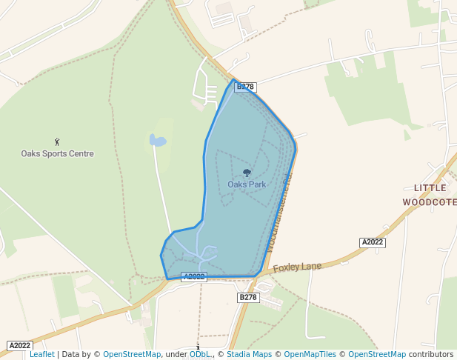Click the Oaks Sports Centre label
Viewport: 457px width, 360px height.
click(57, 154)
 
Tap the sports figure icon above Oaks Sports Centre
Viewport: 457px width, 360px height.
click(57, 141)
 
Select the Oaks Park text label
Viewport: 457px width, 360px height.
click(247, 184)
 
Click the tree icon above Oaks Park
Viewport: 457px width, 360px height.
click(247, 173)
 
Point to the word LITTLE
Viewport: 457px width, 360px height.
click(430, 188)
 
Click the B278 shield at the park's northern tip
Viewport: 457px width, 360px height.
click(245, 87)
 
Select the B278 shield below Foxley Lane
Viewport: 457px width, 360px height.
click(248, 297)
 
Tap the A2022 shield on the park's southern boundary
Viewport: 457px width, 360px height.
click(193, 277)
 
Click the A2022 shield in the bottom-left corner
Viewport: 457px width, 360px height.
click(19, 345)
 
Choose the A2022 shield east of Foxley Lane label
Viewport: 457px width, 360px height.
click(372, 242)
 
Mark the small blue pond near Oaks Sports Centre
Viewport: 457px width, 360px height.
click(157, 140)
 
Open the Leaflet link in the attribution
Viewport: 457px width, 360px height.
click(41, 355)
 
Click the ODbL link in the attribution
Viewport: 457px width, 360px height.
click(199, 355)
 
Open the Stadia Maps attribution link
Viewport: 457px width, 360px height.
click(249, 355)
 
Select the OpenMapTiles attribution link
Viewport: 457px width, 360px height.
click(310, 355)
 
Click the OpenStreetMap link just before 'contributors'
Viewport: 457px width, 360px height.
click(377, 355)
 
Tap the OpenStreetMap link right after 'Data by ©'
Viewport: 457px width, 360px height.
click(132, 355)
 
